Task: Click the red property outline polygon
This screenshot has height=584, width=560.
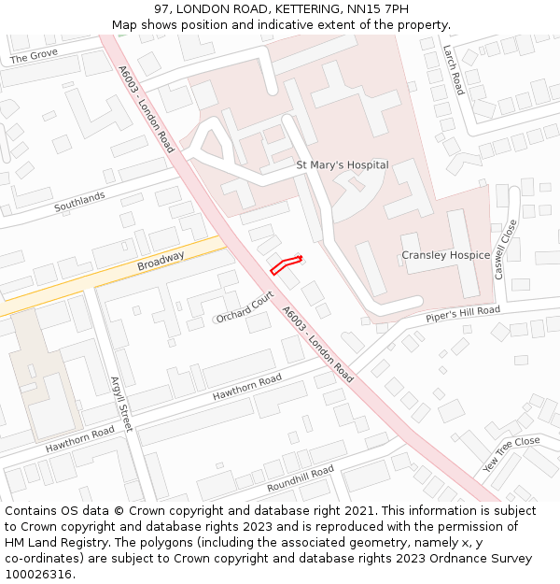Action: tap(287, 264)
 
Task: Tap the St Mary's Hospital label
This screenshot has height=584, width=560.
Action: tap(342, 164)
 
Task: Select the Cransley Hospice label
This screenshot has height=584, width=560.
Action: tap(445, 255)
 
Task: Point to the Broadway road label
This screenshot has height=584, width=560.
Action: tap(161, 261)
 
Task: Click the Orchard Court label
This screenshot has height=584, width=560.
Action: tap(245, 306)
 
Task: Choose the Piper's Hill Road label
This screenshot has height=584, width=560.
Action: tap(463, 314)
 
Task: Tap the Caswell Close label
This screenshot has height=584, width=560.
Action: tap(506, 249)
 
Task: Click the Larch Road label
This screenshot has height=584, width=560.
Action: tap(454, 71)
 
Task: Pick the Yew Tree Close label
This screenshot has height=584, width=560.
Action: tap(511, 453)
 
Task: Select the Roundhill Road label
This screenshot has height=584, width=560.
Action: tap(300, 478)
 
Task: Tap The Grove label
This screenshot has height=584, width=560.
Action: tap(34, 58)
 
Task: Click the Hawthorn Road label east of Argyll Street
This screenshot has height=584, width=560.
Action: tap(246, 388)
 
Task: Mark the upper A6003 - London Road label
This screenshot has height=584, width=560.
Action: tap(146, 109)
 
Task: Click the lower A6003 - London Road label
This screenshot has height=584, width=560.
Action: tap(317, 345)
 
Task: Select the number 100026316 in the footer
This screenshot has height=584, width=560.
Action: tap(38, 575)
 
